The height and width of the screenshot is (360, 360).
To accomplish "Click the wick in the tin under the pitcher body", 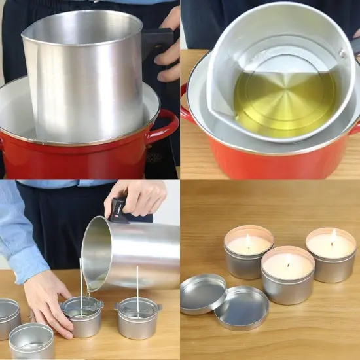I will coord(137,288).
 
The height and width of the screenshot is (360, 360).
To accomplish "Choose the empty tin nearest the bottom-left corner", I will coord(31,340).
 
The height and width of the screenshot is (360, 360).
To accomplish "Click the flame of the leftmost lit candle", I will coord(248,237).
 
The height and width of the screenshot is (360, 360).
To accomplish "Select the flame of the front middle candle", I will coord(289,257).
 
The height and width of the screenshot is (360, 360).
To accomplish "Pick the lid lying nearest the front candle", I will coord(242,308).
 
